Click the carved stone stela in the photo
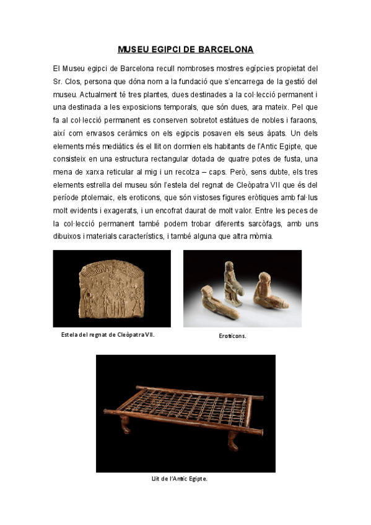click(x=111, y=288)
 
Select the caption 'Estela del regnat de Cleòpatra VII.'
click(x=108, y=334)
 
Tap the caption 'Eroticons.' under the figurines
click(x=232, y=336)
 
